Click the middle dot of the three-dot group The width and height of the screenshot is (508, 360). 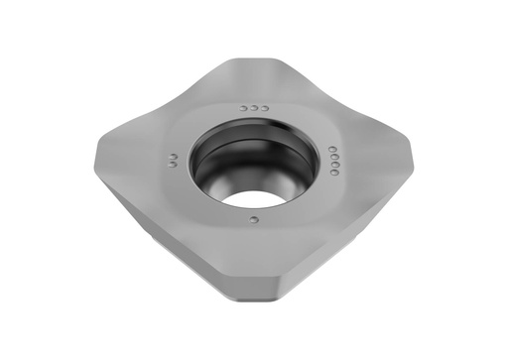pos(254,107)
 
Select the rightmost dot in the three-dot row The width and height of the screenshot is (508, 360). pos(264,107)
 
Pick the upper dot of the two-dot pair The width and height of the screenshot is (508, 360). pos(174,156)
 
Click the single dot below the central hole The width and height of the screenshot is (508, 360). pos(255,218)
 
